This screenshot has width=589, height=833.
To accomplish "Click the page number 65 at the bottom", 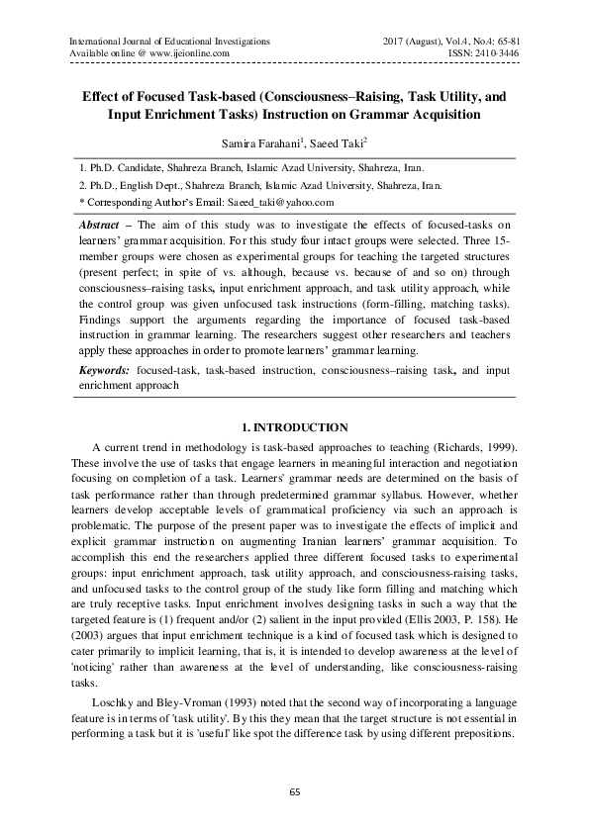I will pyautogui.click(x=294, y=790).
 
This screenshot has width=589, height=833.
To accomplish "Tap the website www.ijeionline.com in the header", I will pyautogui.click(x=186, y=53).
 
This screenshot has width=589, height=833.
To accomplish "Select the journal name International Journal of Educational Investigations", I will pyautogui.click(x=168, y=41).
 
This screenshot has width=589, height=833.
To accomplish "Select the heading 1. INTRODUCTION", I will pyautogui.click(x=294, y=427).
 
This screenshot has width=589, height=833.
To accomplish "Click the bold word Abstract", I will pyautogui.click(x=100, y=227).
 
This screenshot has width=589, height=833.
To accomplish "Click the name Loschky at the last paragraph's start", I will pyautogui.click(x=111, y=703).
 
